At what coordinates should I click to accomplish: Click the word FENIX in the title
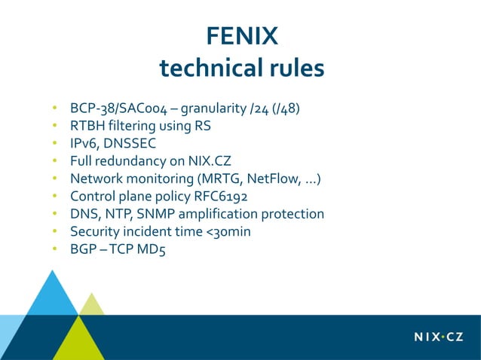pos(241,35)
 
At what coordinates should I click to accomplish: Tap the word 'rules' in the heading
pos(293,69)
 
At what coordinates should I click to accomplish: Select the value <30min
pos(228,231)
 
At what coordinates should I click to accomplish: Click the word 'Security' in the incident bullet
pos(94,231)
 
